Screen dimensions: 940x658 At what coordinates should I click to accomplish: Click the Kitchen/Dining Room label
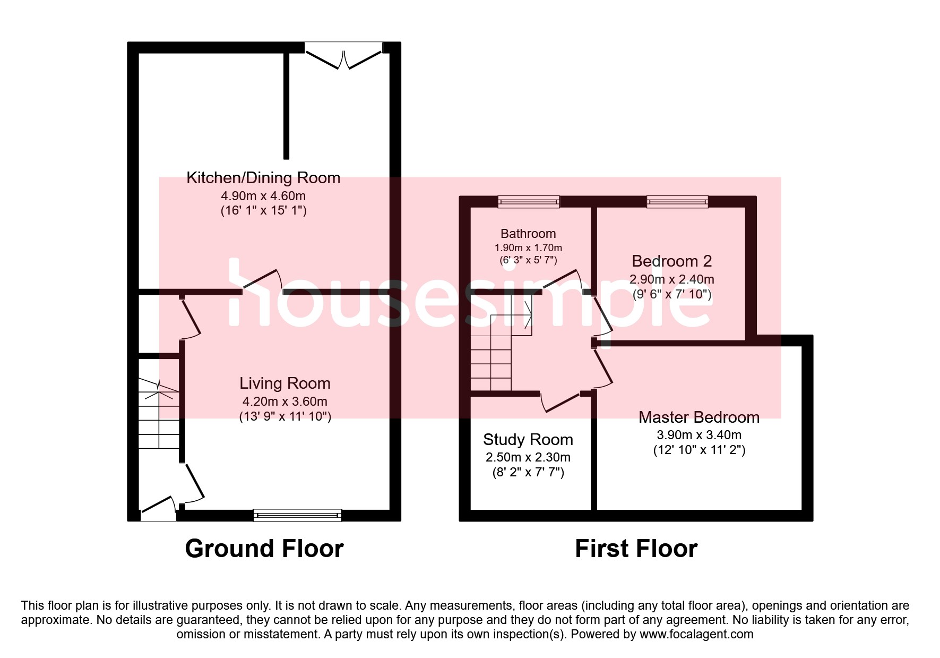click(263, 178)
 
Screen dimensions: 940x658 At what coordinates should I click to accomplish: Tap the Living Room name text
click(284, 383)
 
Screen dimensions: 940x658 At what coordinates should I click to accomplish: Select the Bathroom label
click(528, 234)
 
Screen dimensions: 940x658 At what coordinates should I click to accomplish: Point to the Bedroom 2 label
click(671, 261)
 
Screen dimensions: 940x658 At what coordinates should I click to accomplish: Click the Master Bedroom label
click(698, 417)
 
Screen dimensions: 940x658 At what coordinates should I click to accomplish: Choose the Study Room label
click(528, 440)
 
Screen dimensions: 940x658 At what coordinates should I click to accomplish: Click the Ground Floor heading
click(264, 549)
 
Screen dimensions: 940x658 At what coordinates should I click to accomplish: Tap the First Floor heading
click(636, 549)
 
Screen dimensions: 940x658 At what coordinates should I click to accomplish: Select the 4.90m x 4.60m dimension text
click(263, 196)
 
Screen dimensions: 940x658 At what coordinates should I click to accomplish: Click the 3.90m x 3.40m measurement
click(698, 435)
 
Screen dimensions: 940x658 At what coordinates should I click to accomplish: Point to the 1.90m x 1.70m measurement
click(528, 248)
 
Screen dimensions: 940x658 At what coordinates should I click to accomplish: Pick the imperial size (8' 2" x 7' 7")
click(528, 472)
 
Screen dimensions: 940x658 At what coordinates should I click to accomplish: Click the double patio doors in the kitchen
click(344, 56)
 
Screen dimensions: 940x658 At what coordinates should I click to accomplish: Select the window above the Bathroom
click(529, 202)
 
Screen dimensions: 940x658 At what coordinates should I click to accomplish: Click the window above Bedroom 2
click(677, 202)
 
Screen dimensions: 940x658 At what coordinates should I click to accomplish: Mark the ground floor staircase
click(159, 414)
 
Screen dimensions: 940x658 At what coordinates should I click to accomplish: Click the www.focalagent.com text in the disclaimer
click(696, 634)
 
